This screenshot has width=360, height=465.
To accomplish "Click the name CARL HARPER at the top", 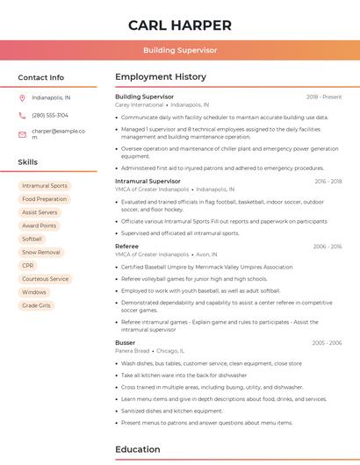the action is click(x=180, y=25).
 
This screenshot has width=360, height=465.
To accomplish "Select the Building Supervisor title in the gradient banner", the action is click(x=180, y=50).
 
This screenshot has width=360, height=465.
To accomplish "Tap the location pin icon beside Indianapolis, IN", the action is click(x=22, y=97).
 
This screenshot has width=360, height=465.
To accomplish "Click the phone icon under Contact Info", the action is click(x=22, y=115).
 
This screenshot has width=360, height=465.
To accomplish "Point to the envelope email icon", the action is click(x=22, y=134).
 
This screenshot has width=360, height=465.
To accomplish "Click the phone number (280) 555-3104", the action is click(x=50, y=115).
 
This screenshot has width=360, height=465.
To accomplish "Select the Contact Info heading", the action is click(x=41, y=77).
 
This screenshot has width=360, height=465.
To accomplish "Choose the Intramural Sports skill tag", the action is click(x=45, y=186).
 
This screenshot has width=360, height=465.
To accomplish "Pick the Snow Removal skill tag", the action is click(x=41, y=252).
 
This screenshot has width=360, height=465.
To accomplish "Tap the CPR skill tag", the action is click(x=28, y=265).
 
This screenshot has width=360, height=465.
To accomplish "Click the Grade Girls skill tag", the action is click(x=37, y=305).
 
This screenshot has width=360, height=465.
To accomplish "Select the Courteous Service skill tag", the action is click(x=45, y=278).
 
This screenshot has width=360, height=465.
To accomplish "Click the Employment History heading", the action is click(x=161, y=77).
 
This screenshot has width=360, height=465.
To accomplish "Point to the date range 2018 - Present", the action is click(x=324, y=97).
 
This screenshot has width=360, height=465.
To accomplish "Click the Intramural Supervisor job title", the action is click(x=148, y=181).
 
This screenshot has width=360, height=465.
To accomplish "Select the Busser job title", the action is click(x=126, y=342).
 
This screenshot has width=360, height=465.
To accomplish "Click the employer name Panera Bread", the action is click(x=133, y=350).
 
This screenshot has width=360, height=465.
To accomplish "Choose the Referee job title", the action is click(x=127, y=247).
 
